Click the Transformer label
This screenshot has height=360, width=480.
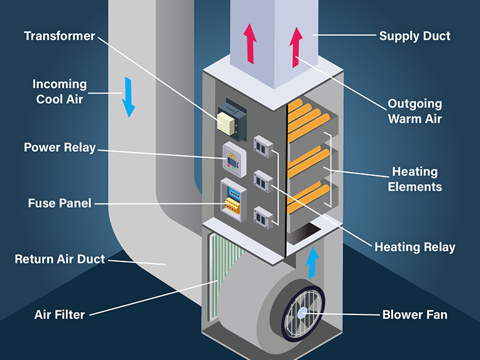tap(59, 36)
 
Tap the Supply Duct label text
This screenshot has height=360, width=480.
tap(415, 36)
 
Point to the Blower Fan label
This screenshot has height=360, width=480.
tap(415, 314)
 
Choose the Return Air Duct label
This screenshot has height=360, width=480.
tap(60, 259)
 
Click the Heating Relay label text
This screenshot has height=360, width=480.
tap(415, 247)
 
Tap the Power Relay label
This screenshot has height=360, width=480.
tap(59, 147)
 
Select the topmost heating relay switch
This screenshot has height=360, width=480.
tap(262, 146)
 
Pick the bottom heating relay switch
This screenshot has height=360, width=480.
tap(262, 217)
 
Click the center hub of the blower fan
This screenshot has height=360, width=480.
tap(303, 312)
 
